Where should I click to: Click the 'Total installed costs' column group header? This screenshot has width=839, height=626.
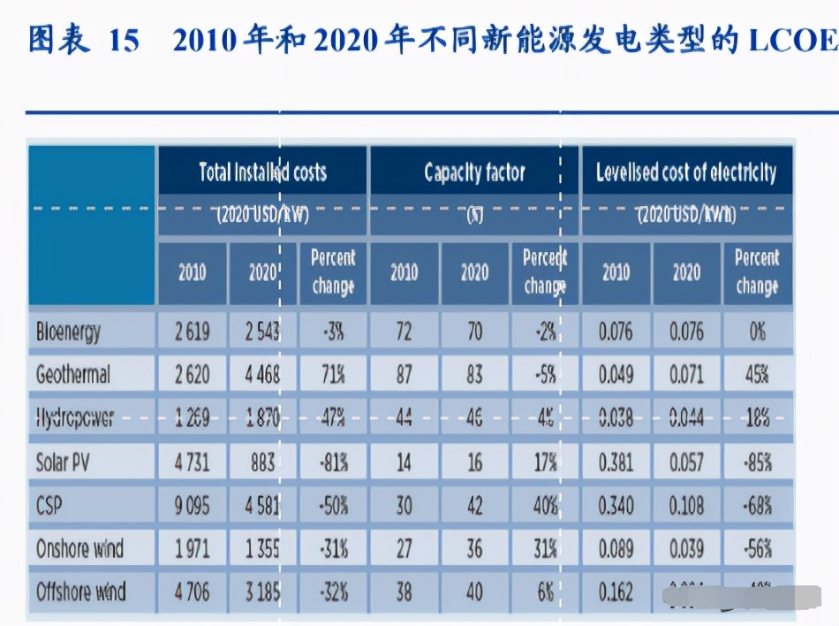click(x=262, y=172)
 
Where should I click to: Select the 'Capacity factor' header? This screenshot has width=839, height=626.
click(x=474, y=172)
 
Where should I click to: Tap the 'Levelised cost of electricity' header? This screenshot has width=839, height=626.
click(x=686, y=172)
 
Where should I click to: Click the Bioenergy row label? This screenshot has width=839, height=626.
click(x=68, y=332)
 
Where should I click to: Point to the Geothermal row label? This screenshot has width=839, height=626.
click(x=73, y=375)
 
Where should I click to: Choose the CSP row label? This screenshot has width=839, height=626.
click(x=49, y=505)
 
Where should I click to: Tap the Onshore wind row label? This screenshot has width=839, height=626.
click(x=80, y=548)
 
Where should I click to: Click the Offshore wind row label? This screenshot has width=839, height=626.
click(x=81, y=591)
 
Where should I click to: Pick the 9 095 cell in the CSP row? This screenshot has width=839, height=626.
click(x=192, y=505)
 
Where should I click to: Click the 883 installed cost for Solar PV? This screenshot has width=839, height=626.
click(x=262, y=462)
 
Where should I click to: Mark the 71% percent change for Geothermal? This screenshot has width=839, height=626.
click(x=333, y=375)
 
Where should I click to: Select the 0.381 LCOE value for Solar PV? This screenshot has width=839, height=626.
click(x=616, y=462)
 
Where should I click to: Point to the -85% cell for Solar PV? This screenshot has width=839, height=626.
click(x=757, y=462)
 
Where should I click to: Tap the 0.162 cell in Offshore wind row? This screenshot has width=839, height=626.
click(x=616, y=591)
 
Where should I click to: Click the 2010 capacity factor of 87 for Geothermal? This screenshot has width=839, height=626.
click(x=404, y=375)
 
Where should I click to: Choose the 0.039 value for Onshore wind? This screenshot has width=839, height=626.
click(x=686, y=548)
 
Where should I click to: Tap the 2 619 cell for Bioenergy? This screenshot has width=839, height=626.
click(x=192, y=332)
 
